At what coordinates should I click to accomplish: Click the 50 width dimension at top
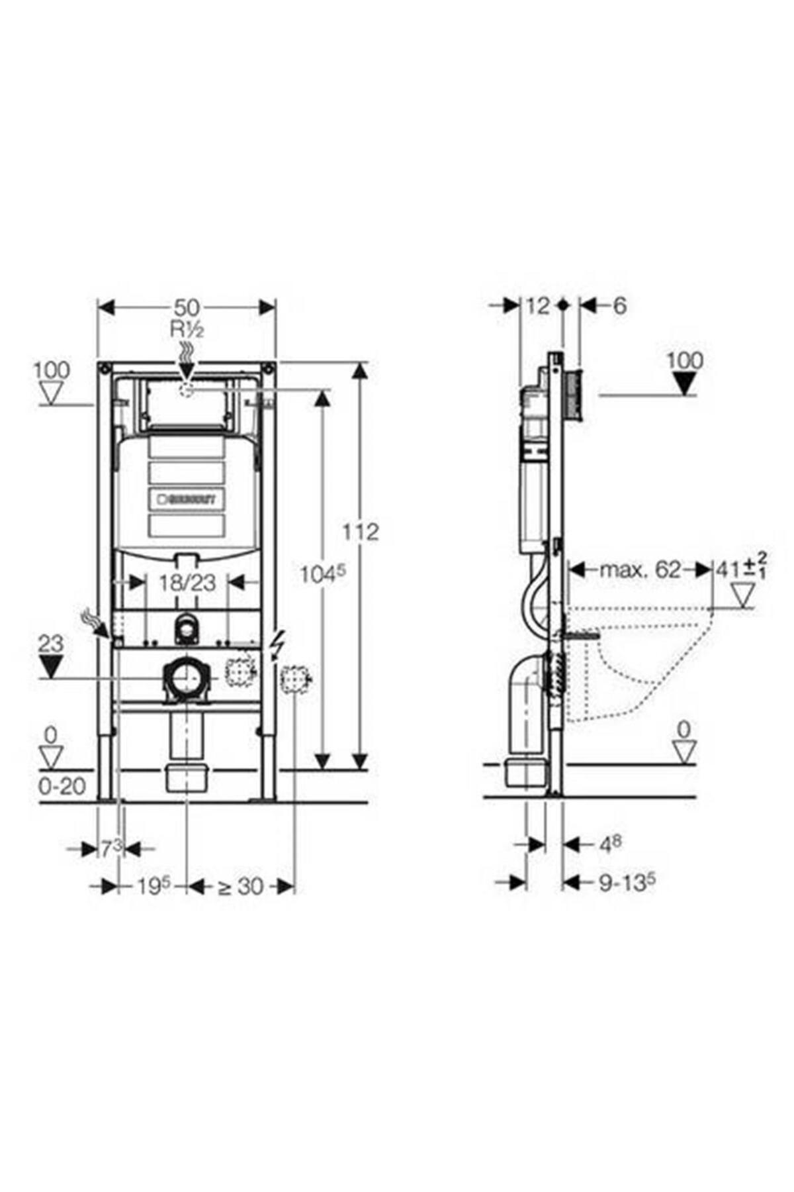coord(187,307)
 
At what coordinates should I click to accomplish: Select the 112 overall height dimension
coord(361,532)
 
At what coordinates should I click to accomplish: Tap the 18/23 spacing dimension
coord(187,583)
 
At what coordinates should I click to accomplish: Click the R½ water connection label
coord(188,329)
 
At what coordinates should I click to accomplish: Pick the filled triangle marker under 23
coord(51,664)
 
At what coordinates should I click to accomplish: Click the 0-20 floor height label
coord(62,786)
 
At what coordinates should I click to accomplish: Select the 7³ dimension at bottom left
coord(111,848)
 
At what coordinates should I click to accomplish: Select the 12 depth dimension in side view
coord(539,305)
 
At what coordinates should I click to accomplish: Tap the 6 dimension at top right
coord(619,305)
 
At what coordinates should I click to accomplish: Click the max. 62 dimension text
coord(639,569)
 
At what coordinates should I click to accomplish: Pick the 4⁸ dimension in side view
coord(609,844)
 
